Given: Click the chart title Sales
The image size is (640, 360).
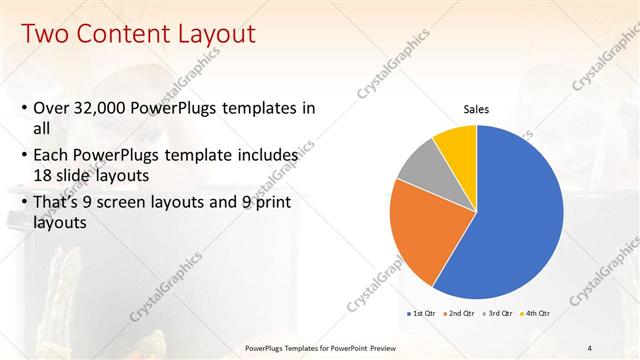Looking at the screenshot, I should click(x=475, y=109).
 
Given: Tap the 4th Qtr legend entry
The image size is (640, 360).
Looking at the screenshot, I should click(x=536, y=313).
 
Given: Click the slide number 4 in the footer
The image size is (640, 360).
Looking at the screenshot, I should click(x=590, y=347).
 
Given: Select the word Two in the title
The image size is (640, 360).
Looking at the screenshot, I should click(x=41, y=34).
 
